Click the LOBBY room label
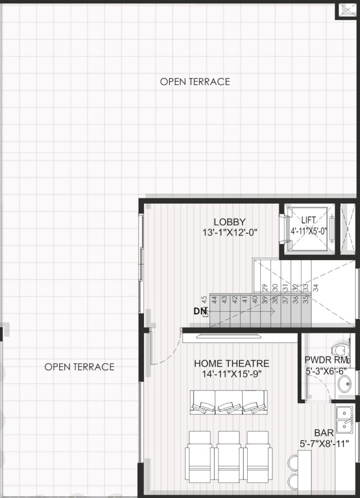[230, 222]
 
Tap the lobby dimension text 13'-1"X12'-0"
[230, 232]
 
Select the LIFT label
[308, 220]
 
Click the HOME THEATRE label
[232, 363]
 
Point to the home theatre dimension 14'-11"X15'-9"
[232, 374]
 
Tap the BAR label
[324, 432]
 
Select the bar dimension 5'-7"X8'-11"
[324, 444]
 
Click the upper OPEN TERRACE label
[195, 82]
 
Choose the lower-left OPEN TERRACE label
[79, 367]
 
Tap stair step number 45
[205, 300]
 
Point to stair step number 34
[316, 288]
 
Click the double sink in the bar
[345, 419]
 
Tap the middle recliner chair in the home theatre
[229, 456]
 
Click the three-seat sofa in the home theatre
[229, 402]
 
